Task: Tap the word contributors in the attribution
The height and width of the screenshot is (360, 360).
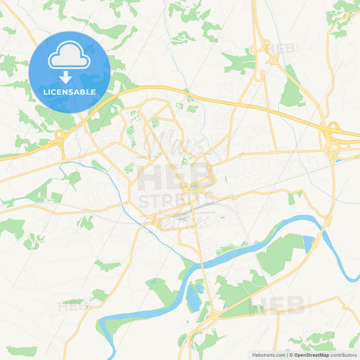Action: (344, 355)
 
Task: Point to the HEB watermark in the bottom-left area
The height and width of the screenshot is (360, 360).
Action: (74, 306)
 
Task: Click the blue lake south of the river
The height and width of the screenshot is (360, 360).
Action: (194, 295)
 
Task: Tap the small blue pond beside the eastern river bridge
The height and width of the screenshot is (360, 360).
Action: (309, 241)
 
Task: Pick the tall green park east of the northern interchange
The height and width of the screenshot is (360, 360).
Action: (292, 88)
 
